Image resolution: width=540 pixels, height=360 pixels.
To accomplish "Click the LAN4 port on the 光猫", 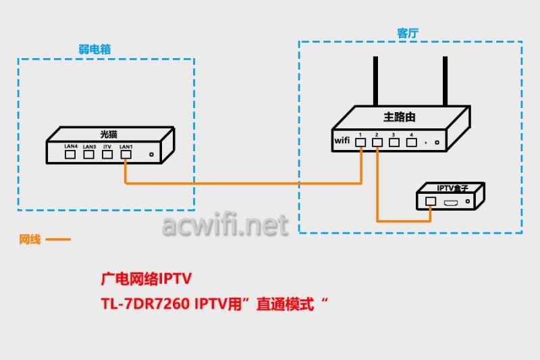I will pyautogui.click(x=70, y=154).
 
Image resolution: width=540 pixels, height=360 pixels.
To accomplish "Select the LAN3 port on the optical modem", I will pyautogui.click(x=88, y=154).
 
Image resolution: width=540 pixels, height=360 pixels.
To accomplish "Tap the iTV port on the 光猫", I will pyautogui.click(x=107, y=154).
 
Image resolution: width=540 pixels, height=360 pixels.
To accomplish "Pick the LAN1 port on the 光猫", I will pyautogui.click(x=126, y=154).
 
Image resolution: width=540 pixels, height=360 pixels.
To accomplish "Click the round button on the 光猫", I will pyautogui.click(x=151, y=155).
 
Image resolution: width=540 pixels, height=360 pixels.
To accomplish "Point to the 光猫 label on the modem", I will pyautogui.click(x=109, y=133).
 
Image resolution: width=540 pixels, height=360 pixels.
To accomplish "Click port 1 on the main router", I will pyautogui.click(x=361, y=142).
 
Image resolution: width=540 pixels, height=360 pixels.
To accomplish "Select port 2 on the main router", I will pyautogui.click(x=377, y=142).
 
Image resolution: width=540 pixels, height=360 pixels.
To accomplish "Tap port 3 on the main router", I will pyautogui.click(x=394, y=142).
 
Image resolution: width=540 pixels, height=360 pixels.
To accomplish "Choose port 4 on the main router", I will pyautogui.click(x=410, y=142).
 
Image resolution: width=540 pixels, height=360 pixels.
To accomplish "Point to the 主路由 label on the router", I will pyautogui.click(x=400, y=117).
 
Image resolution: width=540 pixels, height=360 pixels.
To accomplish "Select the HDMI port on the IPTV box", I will pyautogui.click(x=451, y=201).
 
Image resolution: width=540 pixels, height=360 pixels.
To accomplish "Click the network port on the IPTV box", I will pyautogui.click(x=430, y=201).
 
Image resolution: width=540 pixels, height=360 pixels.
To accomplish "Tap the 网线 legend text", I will pyautogui.click(x=30, y=239).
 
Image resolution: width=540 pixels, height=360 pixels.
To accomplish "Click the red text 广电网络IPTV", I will pyautogui.click(x=146, y=279).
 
